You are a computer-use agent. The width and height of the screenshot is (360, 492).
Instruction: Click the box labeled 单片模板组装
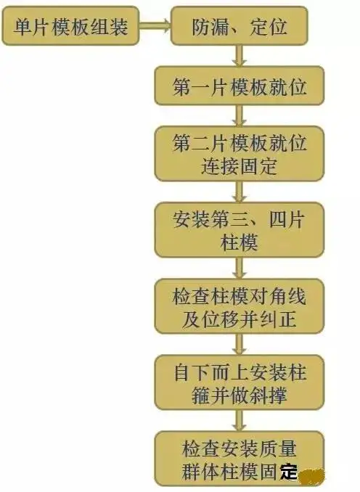(70, 25)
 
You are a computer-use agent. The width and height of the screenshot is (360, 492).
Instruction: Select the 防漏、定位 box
(240, 25)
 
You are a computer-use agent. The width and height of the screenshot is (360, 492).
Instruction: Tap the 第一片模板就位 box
(240, 86)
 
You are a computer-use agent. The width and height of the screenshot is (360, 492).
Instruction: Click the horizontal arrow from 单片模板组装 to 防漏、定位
(155, 25)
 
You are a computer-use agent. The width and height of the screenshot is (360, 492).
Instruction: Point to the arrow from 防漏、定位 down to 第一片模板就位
(240, 56)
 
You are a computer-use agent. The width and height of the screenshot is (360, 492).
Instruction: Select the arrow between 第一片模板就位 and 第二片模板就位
(240, 116)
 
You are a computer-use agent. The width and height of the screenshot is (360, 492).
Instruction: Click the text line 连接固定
(240, 166)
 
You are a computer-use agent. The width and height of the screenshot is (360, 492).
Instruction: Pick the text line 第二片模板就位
(240, 143)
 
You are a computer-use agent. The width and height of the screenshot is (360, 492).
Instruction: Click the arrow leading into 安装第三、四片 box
(240, 192)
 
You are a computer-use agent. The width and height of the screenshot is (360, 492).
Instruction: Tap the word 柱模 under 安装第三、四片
(240, 242)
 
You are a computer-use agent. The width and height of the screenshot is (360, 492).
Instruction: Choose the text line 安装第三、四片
(240, 219)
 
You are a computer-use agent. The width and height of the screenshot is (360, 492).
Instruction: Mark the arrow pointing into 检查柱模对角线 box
(240, 268)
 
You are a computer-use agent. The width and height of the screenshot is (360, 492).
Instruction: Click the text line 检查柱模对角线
(240, 295)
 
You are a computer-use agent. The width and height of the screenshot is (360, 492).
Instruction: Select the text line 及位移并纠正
(240, 319)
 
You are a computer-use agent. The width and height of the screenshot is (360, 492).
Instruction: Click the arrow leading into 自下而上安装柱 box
(240, 345)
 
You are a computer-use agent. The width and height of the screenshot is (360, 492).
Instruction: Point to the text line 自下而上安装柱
(240, 372)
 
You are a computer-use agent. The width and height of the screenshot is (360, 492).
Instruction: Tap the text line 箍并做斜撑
(240, 395)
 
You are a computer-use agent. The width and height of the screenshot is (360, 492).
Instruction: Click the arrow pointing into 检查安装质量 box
(240, 421)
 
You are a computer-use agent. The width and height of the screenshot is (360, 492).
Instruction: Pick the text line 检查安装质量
(240, 448)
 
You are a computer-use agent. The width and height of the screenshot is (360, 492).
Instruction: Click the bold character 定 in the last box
(289, 471)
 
